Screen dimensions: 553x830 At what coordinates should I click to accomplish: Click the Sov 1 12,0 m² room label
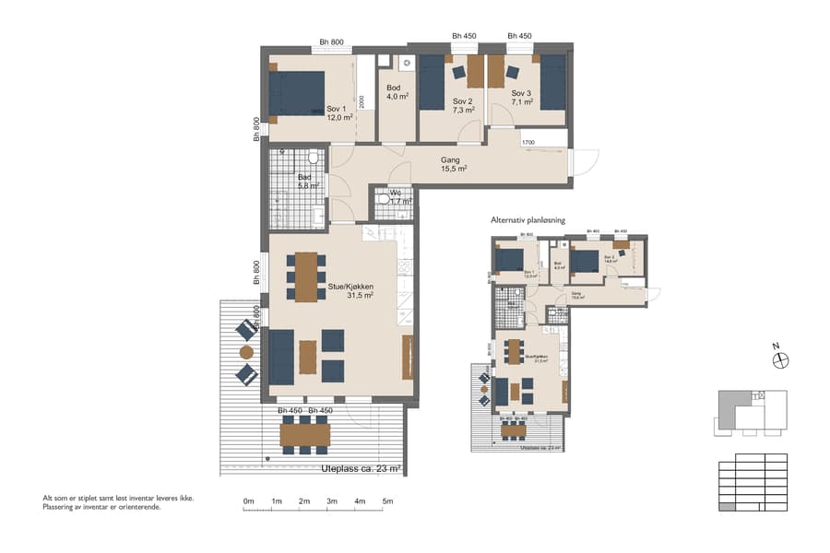pos(339,112)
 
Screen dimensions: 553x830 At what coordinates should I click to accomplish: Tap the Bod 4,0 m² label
pos(397,91)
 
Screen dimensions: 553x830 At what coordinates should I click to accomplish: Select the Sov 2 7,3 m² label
pos(463,105)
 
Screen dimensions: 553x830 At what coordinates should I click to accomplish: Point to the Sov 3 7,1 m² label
pos(523,98)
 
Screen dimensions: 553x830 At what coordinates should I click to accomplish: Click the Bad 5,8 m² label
pos(308,181)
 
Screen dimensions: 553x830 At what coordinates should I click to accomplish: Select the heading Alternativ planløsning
pos(528,221)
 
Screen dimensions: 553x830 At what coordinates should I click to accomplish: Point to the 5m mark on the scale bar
pos(387,501)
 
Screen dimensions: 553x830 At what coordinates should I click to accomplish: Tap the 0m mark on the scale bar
pos(248,501)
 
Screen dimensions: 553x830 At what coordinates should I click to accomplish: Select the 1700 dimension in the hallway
pos(528,143)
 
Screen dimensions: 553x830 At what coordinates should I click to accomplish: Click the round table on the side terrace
pos(246,352)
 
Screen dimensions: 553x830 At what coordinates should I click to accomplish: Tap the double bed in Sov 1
pos(296,93)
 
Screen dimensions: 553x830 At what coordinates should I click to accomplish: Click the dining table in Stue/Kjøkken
pos(306,275)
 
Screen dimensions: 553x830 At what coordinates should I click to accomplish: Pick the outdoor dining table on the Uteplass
pos(305,433)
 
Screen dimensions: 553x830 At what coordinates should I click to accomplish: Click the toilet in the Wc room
pos(384,199)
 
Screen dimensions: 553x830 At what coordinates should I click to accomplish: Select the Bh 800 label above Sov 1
pos(331,41)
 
